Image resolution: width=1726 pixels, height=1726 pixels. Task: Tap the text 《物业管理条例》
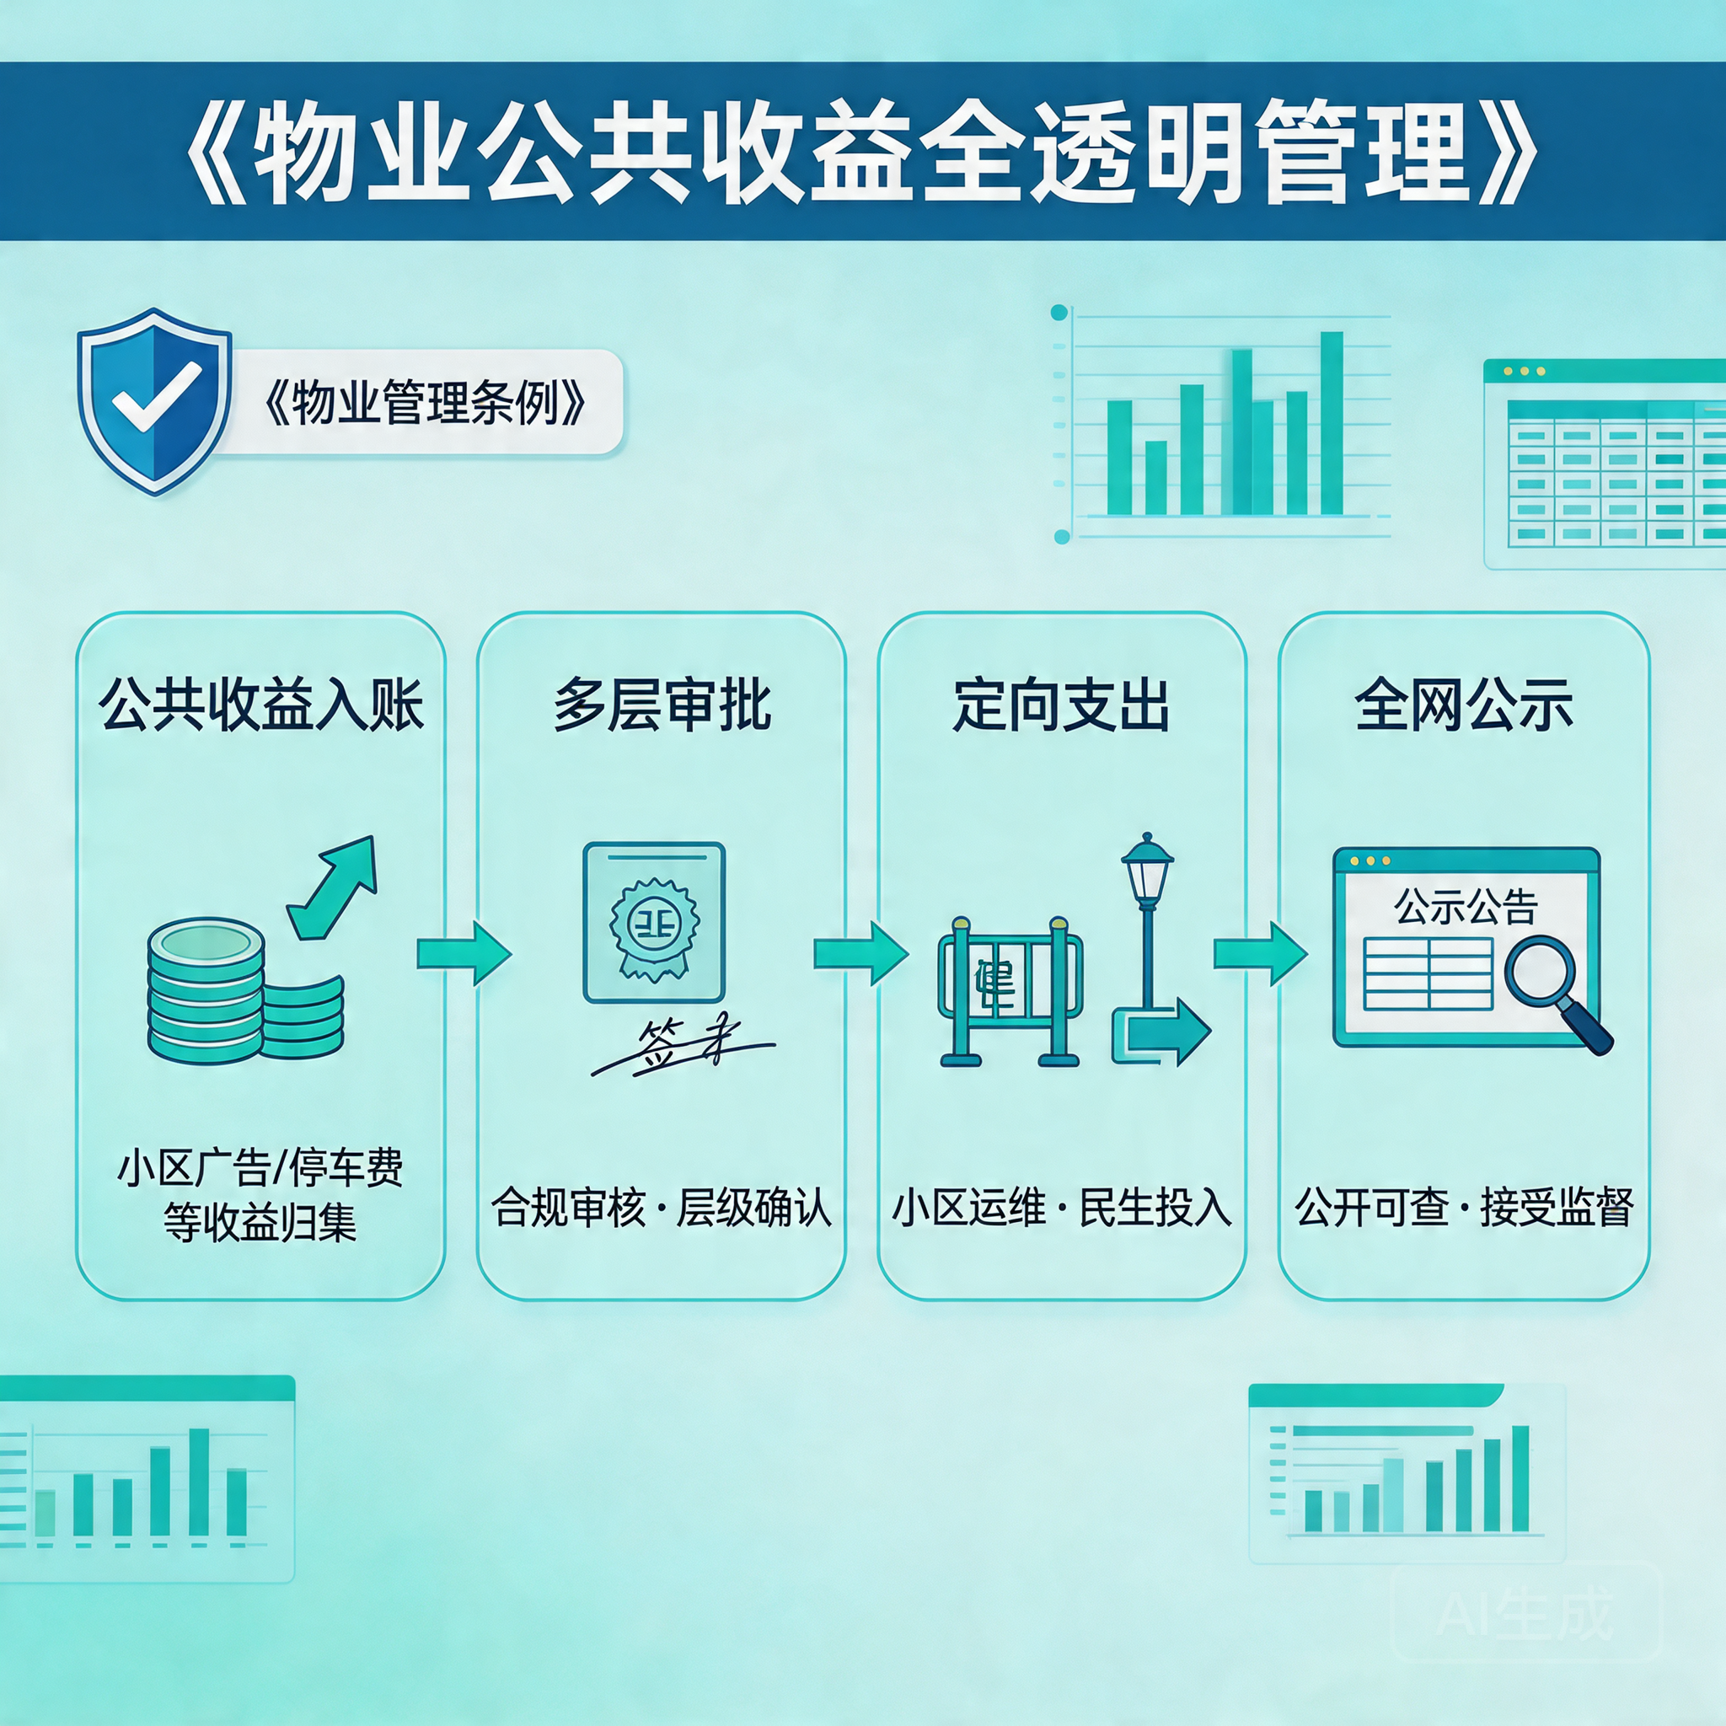tap(425, 403)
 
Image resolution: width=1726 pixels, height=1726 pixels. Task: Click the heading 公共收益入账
tap(261, 705)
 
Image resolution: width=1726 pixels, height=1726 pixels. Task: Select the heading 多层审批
tap(661, 705)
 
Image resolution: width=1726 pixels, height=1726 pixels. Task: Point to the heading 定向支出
tap(1061, 705)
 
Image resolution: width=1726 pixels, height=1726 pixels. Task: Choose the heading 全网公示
tap(1463, 705)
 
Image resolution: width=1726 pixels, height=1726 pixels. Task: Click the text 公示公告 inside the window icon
tap(1465, 907)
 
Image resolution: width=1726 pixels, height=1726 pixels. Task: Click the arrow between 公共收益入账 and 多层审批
tap(463, 954)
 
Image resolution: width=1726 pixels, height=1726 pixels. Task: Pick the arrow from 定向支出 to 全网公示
tap(1260, 954)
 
